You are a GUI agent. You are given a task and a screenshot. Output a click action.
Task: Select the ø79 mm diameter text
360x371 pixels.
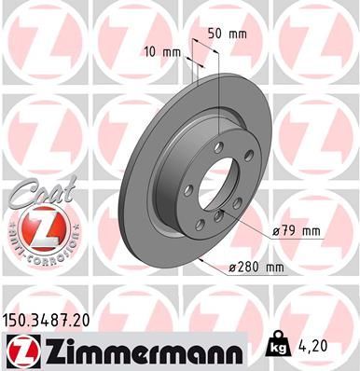(x=297, y=229)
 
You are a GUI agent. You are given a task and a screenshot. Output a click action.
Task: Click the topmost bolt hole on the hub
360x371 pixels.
(x=217, y=148)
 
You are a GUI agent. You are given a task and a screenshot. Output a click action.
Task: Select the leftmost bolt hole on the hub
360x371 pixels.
(x=188, y=189)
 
